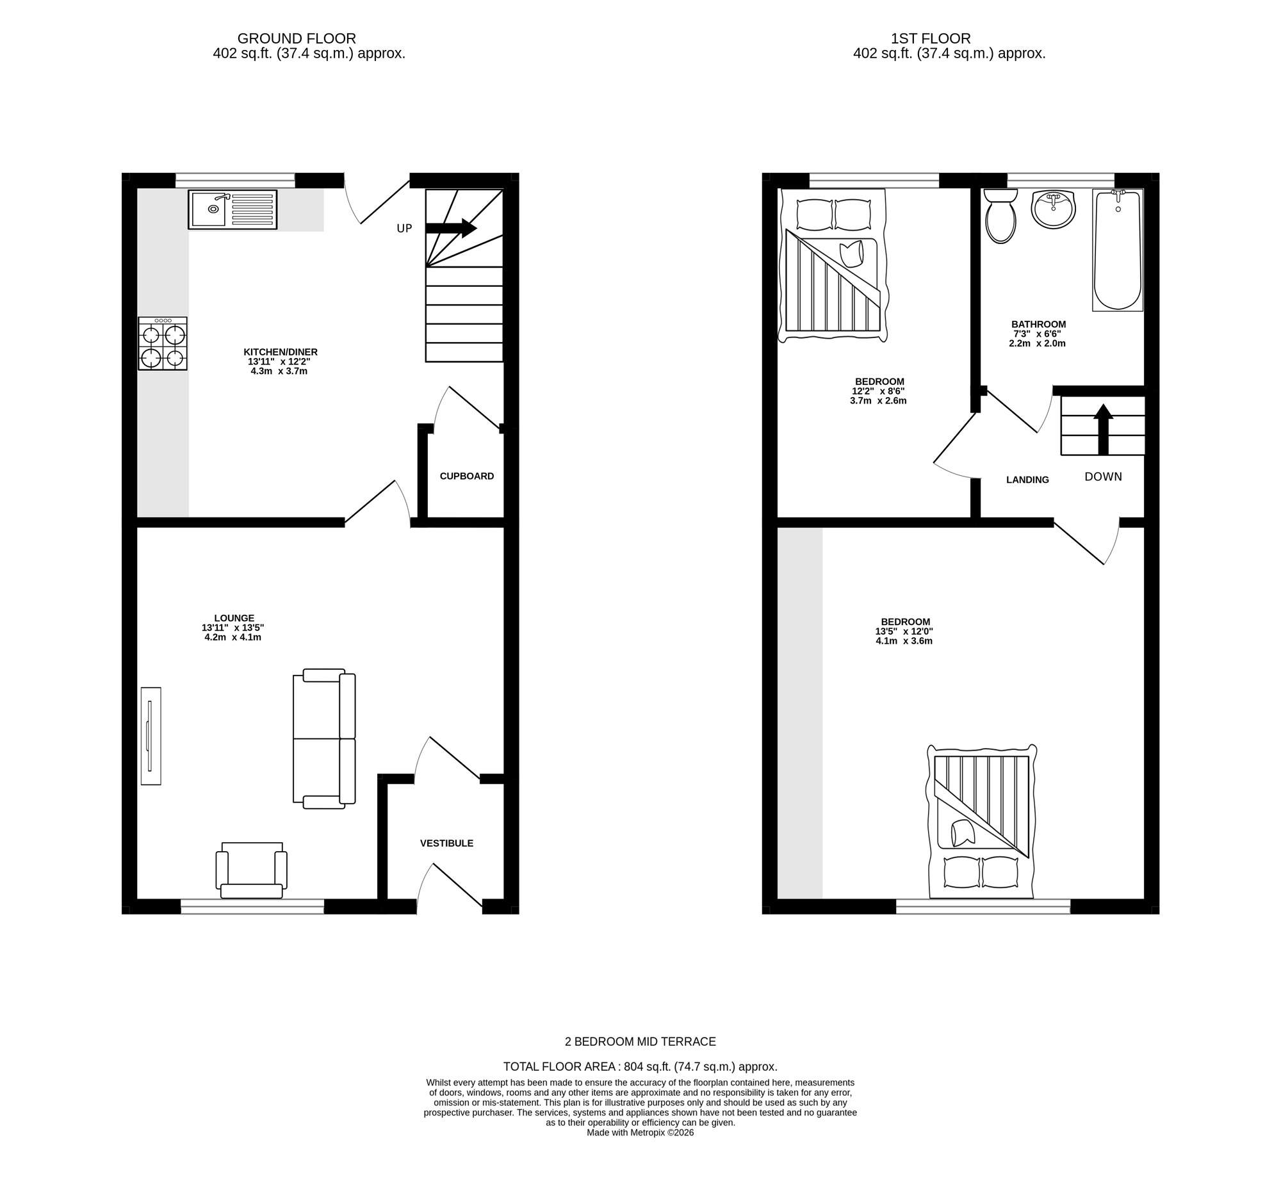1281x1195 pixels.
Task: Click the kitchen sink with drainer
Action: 233,209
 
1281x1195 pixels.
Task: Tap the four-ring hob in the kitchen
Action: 163,344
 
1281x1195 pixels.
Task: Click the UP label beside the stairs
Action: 404,229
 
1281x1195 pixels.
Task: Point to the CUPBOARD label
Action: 466,476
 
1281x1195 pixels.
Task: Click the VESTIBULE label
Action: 446,843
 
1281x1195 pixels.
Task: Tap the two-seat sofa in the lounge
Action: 324,738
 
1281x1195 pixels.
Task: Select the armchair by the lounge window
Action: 251,870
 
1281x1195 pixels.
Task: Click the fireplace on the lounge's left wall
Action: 151,736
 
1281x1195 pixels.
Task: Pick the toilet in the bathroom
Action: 1000,216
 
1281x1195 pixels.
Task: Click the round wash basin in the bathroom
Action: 1054,209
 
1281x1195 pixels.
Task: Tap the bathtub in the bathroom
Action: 1118,250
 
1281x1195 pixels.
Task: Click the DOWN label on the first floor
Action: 1103,476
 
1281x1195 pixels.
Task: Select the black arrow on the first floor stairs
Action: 1103,428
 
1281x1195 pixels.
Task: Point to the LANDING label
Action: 1027,480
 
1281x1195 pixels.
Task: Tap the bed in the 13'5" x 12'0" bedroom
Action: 981,822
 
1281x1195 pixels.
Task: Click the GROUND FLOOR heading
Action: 297,38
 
